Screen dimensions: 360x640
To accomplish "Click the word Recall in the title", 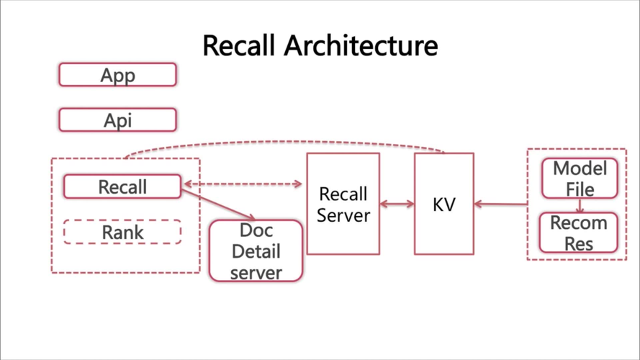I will [240, 45].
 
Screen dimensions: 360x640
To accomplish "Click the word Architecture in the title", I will [361, 45].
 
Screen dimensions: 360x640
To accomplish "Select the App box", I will [117, 75].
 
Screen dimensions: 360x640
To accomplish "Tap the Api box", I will [117, 120].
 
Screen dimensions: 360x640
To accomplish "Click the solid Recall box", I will [122, 187].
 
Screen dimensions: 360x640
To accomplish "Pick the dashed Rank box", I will [122, 232].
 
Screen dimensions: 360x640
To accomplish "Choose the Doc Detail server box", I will [256, 251].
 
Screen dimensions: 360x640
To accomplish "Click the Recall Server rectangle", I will [343, 204].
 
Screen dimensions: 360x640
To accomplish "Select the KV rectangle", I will [444, 204].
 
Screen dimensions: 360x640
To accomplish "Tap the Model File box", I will [580, 178].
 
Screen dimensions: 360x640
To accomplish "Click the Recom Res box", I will [579, 233].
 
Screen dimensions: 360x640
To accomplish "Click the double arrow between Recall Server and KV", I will [397, 204].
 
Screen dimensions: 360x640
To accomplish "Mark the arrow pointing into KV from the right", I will [500, 204].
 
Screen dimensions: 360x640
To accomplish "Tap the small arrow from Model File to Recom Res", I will [580, 206].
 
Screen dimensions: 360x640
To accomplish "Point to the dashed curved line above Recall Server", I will [288, 142].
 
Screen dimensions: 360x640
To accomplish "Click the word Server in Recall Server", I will [343, 215].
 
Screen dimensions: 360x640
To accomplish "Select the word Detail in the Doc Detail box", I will [256, 252].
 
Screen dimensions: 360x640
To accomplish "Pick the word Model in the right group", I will [580, 169].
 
